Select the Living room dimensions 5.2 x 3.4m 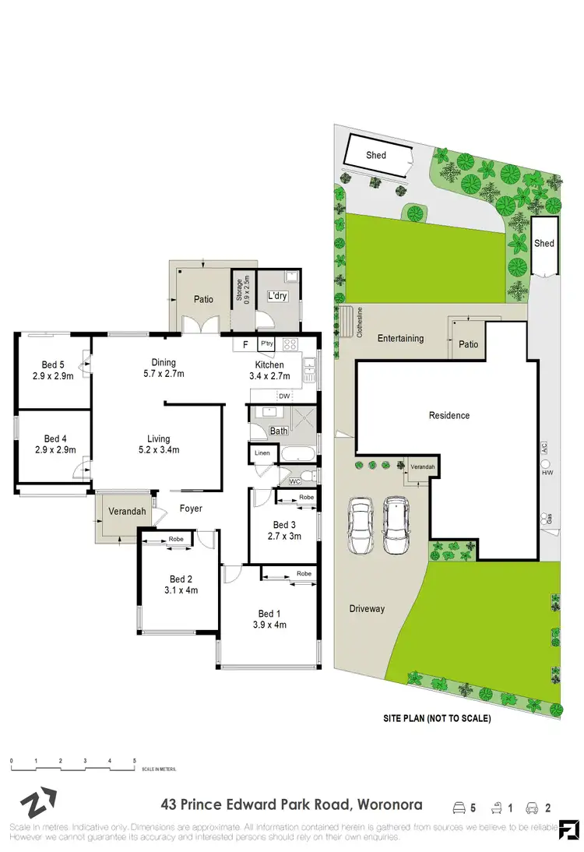point(159,450)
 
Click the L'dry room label point(276,297)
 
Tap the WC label point(294,481)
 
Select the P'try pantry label point(266,343)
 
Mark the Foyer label point(191,509)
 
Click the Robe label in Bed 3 point(306,497)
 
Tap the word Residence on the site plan point(449,415)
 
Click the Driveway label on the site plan point(367,608)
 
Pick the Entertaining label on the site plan point(400,338)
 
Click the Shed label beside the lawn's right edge point(544,243)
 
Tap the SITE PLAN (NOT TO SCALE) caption point(436,719)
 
